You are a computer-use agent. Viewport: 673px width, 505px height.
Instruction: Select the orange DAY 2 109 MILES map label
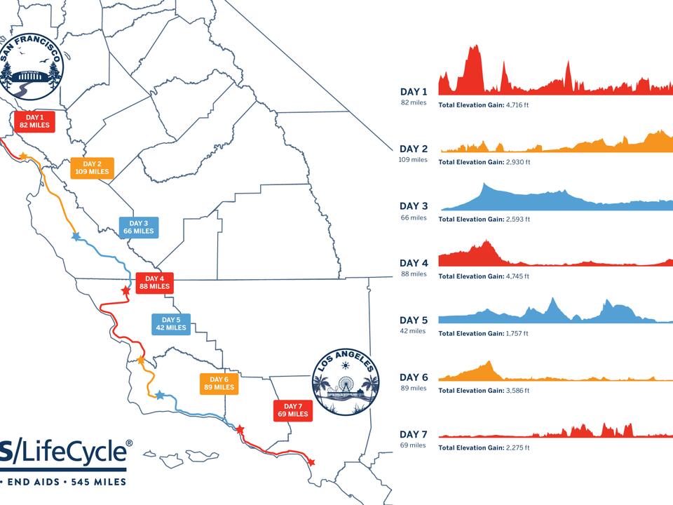(92, 168)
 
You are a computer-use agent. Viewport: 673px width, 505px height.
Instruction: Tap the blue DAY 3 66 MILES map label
(138, 227)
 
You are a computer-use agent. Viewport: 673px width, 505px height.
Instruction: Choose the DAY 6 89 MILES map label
(219, 383)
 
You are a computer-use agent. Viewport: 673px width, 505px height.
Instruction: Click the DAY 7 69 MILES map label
(292, 410)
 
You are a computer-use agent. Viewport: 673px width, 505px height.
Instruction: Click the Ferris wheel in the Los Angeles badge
(345, 389)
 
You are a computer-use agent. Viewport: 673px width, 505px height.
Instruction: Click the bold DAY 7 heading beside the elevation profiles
(414, 435)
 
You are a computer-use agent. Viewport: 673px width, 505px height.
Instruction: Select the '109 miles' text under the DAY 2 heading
(413, 160)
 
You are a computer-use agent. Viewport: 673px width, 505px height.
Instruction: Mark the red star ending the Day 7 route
(311, 462)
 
